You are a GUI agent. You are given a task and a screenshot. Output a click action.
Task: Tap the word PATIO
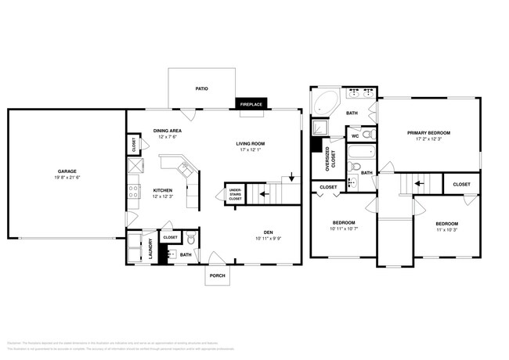pos(201,88)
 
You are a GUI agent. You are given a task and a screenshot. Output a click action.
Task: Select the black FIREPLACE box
pos(253,103)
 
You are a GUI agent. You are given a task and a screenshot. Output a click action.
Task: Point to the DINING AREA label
pos(168,130)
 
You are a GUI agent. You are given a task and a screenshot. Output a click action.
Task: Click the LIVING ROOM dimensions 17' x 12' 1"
pos(251,150)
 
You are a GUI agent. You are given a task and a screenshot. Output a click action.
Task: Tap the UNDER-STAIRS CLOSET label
pos(235,194)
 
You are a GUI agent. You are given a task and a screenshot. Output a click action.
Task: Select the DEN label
pos(267,232)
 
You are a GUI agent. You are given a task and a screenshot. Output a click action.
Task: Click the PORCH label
pos(217,275)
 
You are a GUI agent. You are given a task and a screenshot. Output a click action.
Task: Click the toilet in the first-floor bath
pos(191,236)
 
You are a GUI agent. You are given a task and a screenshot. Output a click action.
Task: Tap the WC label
pos(354,136)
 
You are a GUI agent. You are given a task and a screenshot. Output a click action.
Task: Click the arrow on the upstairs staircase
pos(420,185)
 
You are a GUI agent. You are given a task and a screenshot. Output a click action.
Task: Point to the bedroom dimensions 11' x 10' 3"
pos(446,230)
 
